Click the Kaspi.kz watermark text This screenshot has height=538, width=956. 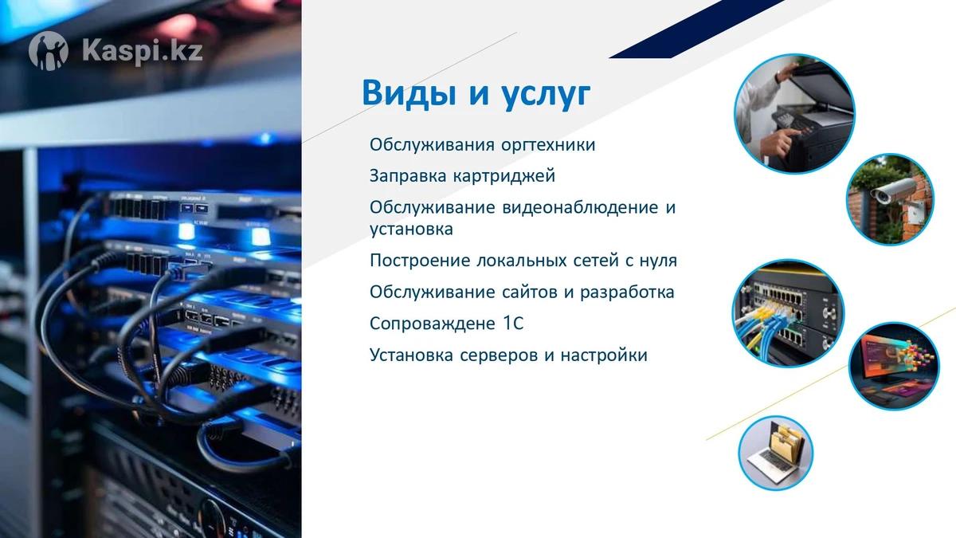coord(142,51)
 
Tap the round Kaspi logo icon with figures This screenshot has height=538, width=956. coord(49,51)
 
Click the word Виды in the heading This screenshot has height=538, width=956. coord(409,92)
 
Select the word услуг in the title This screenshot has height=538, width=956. coord(546,94)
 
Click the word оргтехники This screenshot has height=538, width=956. coord(548,145)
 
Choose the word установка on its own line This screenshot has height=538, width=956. coord(411,230)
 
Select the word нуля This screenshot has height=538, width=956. coord(658,261)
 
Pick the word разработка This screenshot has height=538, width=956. coord(627,293)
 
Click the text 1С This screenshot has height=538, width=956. coord(512,324)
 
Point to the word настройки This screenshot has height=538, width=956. coord(604,355)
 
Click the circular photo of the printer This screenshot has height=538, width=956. coord(794,114)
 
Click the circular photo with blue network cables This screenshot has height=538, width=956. coord(788,313)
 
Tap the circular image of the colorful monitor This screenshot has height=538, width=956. coord(894,367)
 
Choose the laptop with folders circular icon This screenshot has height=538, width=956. coord(775,453)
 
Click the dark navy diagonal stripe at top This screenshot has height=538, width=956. coord(698,28)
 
